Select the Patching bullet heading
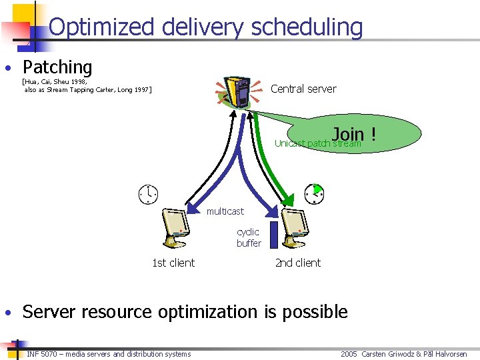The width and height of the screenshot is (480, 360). (x=57, y=67)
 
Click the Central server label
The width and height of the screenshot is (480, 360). (x=303, y=89)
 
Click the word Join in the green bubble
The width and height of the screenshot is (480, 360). (x=348, y=134)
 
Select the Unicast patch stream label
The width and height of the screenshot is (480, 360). (x=317, y=144)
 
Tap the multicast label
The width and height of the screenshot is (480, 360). (x=225, y=211)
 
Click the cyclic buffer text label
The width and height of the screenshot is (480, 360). (x=249, y=237)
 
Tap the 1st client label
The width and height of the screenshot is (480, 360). (x=173, y=263)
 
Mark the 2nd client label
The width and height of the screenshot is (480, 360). (x=298, y=263)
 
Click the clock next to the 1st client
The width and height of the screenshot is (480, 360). (x=148, y=193)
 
